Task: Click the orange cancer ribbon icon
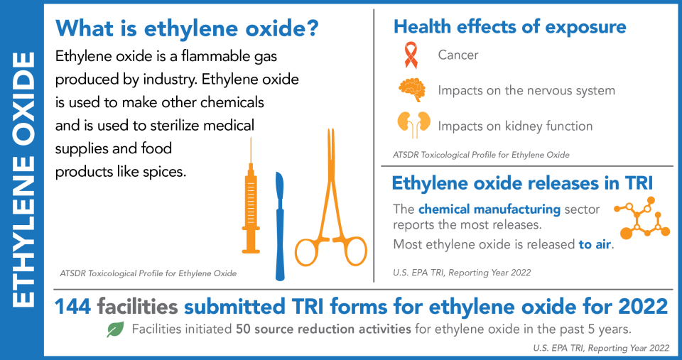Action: [410, 55]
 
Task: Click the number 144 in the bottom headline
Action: [75, 306]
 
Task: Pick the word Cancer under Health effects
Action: [458, 55]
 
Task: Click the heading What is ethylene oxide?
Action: [187, 29]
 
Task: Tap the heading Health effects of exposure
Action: [510, 27]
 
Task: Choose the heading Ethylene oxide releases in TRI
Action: [522, 183]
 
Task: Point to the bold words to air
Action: [595, 244]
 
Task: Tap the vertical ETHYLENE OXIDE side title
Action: [23, 180]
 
